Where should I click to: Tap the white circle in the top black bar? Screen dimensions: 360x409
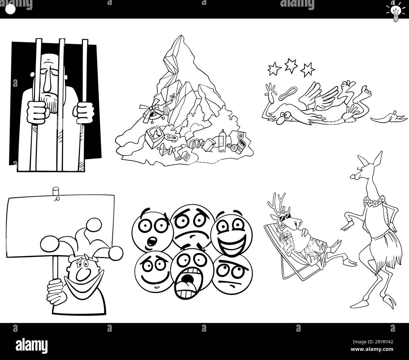click(10, 10)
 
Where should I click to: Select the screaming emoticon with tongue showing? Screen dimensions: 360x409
click(188, 276)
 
